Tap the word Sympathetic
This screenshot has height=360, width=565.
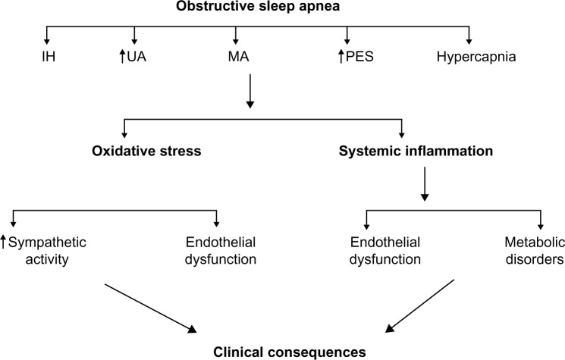[47, 243]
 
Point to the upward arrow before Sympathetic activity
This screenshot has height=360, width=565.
[5, 243]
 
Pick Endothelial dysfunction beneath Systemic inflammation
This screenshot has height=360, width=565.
[368, 251]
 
